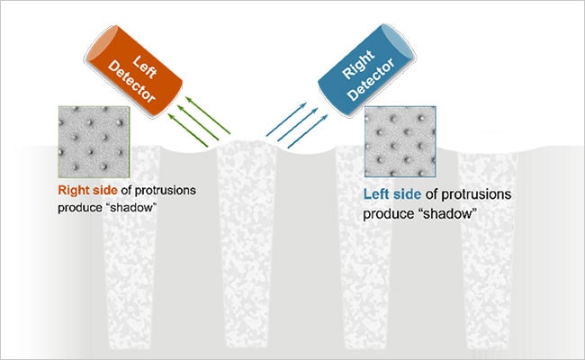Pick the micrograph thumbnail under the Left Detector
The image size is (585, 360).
(x=92, y=142)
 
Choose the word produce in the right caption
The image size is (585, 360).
(x=388, y=214)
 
